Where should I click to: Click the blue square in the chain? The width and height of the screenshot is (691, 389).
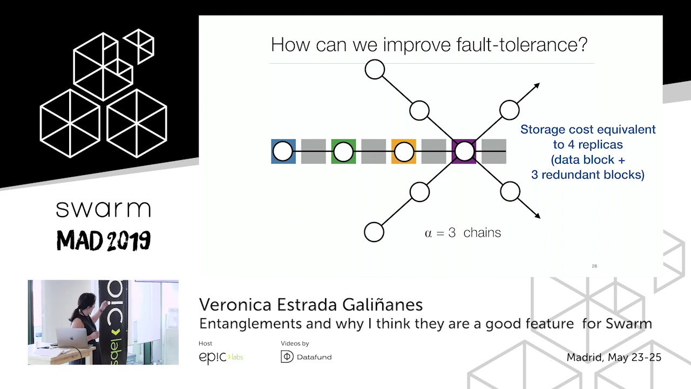coord(283,152)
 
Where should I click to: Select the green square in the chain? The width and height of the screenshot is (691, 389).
coord(343,152)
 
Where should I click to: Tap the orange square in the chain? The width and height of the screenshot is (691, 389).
coord(404,152)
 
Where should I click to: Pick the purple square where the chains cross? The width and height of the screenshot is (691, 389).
coord(464,152)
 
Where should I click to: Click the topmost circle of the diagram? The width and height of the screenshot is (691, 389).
coord(375,70)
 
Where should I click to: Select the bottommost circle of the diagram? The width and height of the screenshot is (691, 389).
coord(374,232)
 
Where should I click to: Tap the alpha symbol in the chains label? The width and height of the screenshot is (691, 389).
coord(429,233)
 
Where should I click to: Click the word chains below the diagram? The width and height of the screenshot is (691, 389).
coord(482,233)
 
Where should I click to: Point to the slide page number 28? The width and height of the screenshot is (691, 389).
coord(594,266)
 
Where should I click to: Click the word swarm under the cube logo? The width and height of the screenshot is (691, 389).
coord(103,209)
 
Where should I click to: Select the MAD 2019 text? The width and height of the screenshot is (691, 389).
coord(103,241)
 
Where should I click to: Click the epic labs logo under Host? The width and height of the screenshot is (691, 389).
coord(221,357)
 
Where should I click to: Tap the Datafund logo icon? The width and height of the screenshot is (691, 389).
coord(288,357)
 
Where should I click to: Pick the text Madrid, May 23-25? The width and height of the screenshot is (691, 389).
coord(614,357)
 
